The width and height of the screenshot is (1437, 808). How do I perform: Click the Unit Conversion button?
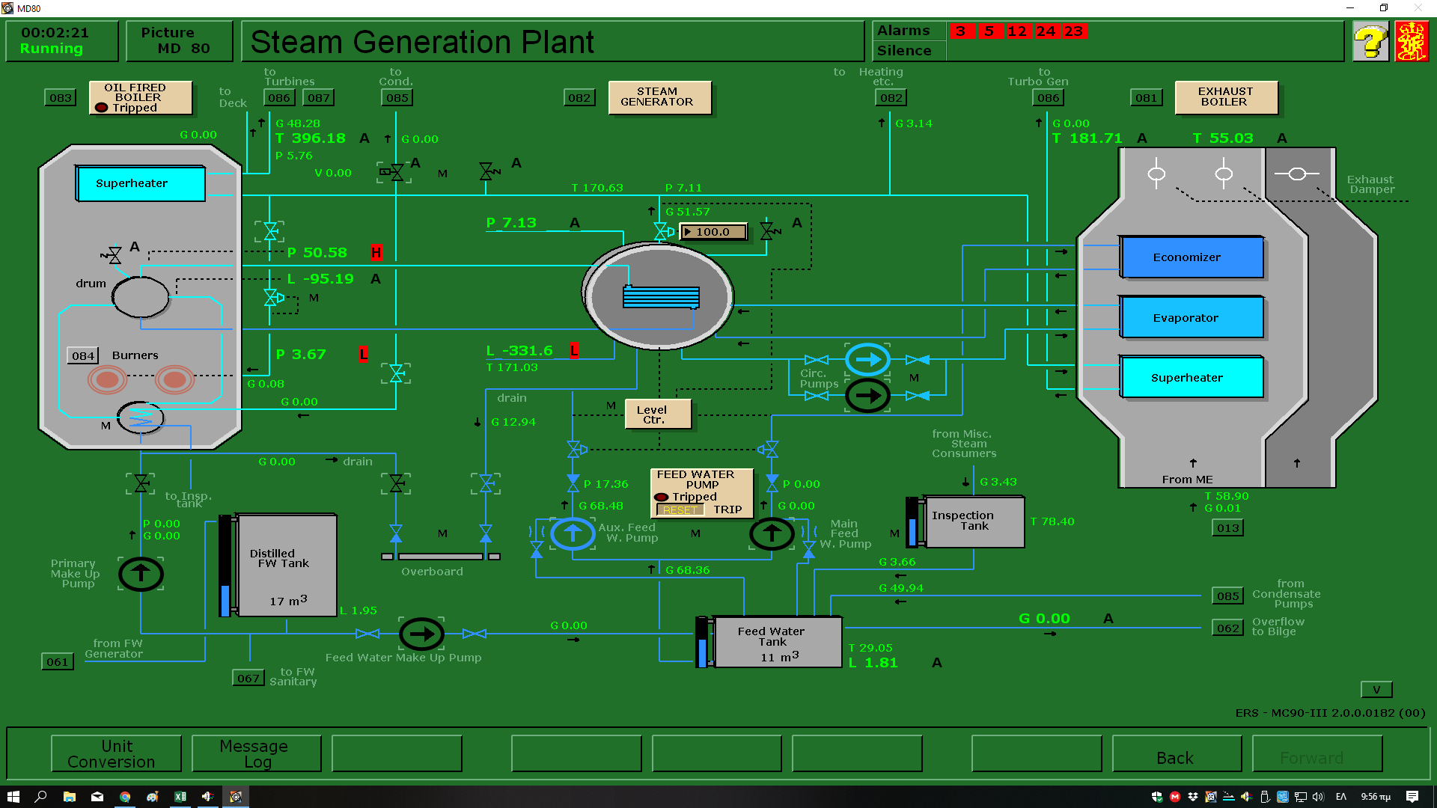[116, 753]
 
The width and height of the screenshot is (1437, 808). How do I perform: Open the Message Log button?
[256, 753]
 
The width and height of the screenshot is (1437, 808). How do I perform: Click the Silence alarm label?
[904, 51]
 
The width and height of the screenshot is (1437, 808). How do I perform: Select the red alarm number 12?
[1016, 31]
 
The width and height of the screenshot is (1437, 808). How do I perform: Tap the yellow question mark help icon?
[1370, 42]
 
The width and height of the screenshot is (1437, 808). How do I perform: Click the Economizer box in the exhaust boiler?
[1192, 257]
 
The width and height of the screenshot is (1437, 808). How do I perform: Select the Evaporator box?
[1192, 318]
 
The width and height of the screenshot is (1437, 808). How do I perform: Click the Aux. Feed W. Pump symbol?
[573, 533]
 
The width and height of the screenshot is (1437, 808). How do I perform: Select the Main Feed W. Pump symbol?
[772, 533]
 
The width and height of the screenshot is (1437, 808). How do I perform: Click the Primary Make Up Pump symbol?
[141, 574]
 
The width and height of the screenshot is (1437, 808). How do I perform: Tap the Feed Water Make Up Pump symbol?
[421, 634]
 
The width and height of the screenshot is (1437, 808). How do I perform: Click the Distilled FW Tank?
[286, 565]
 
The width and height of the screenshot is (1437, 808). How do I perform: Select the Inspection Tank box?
[974, 521]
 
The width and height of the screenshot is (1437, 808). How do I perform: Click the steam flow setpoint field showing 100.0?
[713, 232]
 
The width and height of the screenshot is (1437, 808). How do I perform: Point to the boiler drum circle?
[140, 297]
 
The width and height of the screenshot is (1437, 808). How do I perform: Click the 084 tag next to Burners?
[82, 356]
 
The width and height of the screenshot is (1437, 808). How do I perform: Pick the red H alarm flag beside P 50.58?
[376, 253]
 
